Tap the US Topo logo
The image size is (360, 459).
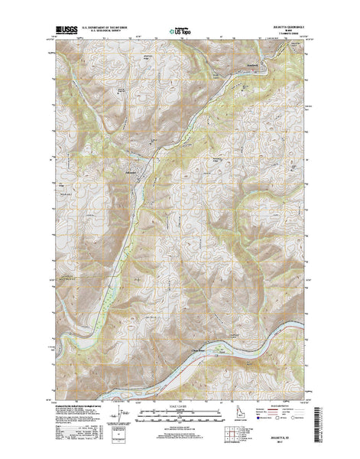[180, 31]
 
